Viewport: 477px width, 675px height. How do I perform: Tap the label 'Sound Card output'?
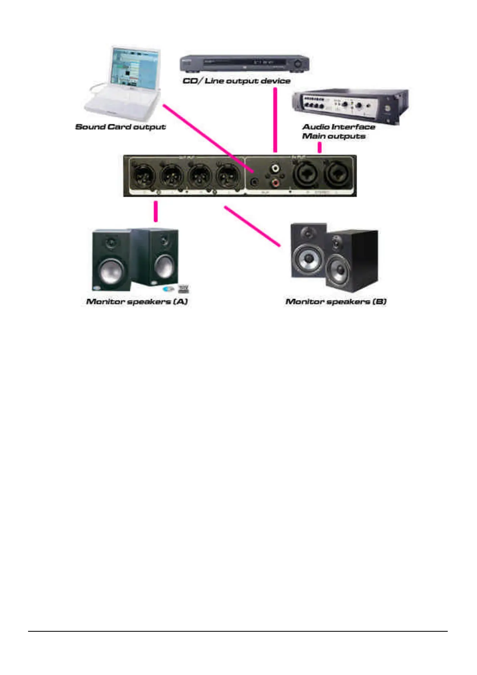120,127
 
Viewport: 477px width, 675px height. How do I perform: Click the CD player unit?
244,63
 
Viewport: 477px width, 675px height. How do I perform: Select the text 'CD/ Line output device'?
236,81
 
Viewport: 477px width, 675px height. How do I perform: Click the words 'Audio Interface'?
339,127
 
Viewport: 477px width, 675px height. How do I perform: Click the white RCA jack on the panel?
275,167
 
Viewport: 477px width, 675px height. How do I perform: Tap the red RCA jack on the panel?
275,183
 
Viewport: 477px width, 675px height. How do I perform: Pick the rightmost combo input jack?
338,175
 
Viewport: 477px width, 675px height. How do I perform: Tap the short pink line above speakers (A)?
156,211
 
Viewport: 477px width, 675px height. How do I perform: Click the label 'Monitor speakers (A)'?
137,301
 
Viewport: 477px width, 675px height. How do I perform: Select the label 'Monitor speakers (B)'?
336,301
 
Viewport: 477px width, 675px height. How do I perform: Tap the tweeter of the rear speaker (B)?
308,233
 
